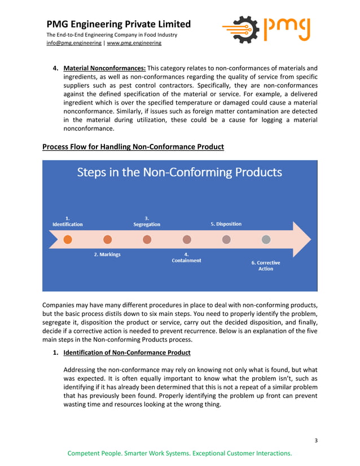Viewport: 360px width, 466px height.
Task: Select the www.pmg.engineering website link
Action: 134,43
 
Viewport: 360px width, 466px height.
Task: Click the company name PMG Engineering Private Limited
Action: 118,24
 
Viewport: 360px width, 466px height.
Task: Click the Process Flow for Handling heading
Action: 133,147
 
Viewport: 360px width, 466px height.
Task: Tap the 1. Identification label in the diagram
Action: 68,221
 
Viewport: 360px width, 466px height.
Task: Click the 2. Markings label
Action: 107,254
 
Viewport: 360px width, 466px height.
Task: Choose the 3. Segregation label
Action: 147,221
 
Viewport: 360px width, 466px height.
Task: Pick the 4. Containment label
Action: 186,257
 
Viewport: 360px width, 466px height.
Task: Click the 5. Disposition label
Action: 226,224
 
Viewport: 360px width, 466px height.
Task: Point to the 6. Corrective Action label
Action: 266,266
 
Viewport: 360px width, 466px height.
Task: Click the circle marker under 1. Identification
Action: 68,239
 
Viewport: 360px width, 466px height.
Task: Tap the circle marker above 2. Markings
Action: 107,239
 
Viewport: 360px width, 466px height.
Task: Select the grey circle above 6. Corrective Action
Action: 266,239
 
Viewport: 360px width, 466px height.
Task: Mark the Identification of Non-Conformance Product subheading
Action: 127,353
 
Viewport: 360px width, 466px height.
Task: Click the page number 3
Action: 317,439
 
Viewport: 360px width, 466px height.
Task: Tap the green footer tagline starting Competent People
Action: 179,454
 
